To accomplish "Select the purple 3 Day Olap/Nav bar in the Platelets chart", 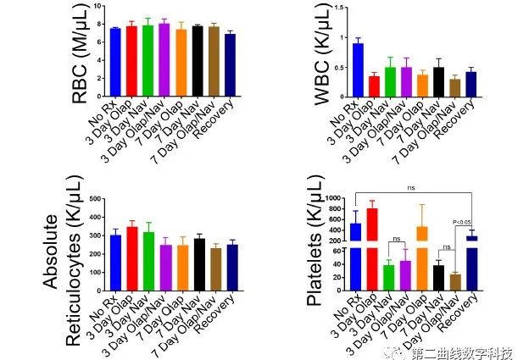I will (405, 275).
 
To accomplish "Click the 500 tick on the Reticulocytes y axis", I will (95, 199).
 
